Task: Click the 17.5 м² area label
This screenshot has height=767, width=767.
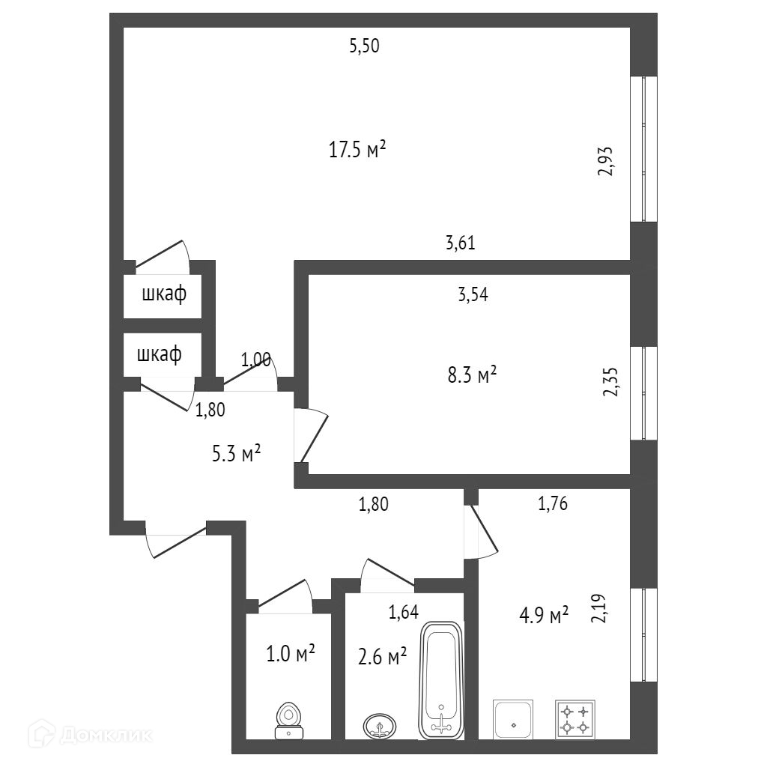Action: click(x=357, y=149)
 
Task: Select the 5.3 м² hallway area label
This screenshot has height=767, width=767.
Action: click(x=236, y=453)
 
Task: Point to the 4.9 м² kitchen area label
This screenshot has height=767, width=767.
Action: click(x=544, y=616)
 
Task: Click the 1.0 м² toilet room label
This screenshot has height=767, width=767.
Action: click(x=290, y=654)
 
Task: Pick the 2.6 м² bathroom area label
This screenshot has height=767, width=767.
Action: click(x=382, y=656)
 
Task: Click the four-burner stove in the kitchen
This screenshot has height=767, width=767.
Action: click(x=575, y=719)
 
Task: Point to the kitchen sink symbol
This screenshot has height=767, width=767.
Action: click(x=513, y=720)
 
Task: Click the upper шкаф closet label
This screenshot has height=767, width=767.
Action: click(x=164, y=294)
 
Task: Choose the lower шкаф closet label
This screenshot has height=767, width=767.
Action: click(x=160, y=353)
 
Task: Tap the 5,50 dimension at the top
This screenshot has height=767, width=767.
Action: click(x=365, y=46)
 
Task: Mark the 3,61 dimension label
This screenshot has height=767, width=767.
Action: click(x=461, y=243)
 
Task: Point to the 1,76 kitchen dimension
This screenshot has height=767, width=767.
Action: click(x=553, y=504)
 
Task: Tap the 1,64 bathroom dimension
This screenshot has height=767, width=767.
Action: click(x=402, y=613)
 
